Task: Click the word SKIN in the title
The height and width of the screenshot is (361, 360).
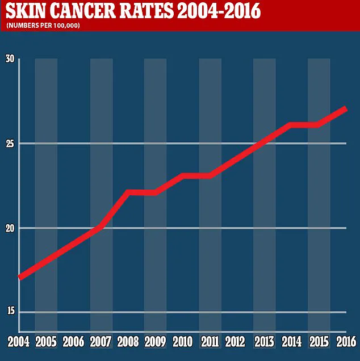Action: pos(26,11)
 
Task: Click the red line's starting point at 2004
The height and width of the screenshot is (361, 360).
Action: pos(20,278)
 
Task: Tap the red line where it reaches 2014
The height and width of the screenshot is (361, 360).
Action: pos(292,125)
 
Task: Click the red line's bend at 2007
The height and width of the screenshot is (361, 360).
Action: pos(101,226)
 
